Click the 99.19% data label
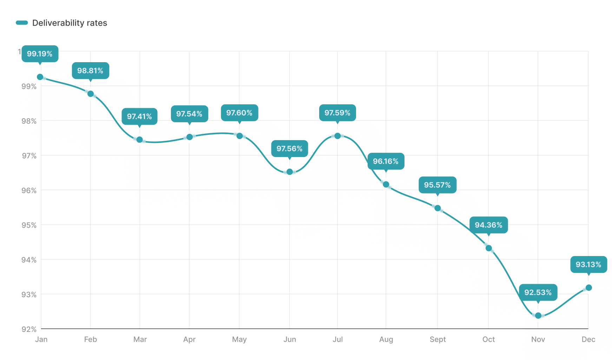coord(40,54)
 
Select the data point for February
coord(91,94)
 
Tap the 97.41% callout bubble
coord(139,116)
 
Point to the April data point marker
coord(190,137)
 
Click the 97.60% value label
coord(239,113)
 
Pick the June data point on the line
coord(290,172)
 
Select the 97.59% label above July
coord(337,113)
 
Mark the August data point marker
coord(386,184)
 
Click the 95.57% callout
coord(437,185)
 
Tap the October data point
coord(489,248)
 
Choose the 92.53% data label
coord(538,292)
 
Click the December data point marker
coord(589,288)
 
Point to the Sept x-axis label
coord(437,339)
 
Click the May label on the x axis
coord(239,339)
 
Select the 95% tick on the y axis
coord(29,225)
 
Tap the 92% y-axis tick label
coord(29,329)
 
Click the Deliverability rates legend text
coord(70,23)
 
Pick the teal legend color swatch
coord(22,23)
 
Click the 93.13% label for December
coord(588,264)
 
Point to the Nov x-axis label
coord(538,339)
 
